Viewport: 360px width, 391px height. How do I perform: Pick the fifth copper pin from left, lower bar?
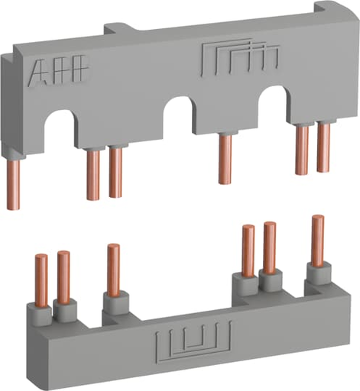269,247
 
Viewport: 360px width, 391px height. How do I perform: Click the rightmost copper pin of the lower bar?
317,240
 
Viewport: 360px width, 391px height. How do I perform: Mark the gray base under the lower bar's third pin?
114,304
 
